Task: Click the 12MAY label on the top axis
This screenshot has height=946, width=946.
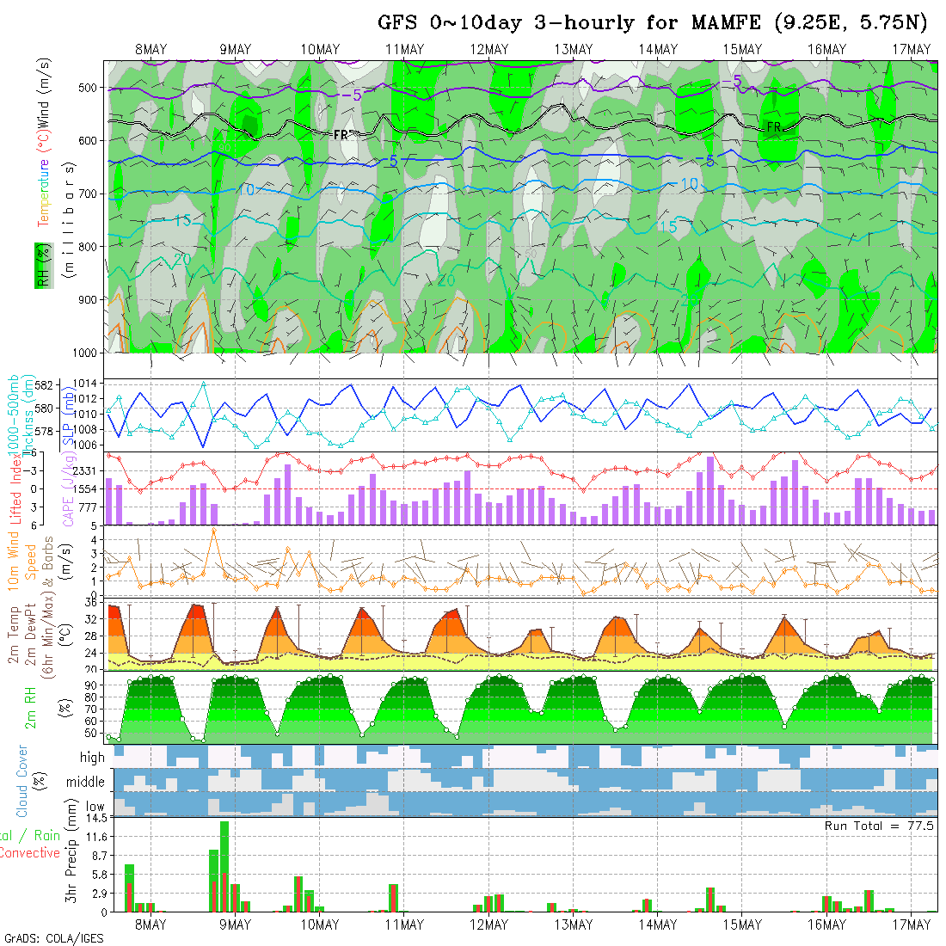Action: point(489,49)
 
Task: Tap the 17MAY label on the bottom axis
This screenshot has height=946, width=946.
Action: point(912,924)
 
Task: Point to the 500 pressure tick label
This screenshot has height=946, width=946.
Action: point(87,88)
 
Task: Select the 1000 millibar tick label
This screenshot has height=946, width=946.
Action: point(83,353)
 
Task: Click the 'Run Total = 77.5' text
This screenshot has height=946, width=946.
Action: point(879,826)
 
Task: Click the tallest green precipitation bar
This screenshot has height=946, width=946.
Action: point(224,865)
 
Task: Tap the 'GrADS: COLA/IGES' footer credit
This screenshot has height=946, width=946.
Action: point(53,937)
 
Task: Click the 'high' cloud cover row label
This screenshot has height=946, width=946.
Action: point(92,758)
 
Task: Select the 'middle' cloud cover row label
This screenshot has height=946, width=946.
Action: point(86,783)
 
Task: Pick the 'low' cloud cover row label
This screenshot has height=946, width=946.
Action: point(94,808)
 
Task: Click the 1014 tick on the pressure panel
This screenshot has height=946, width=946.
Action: point(89,383)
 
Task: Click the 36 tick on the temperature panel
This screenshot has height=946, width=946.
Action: point(89,603)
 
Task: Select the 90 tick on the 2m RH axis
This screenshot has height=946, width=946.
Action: point(89,685)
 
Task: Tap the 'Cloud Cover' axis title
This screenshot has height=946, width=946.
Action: point(22,781)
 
